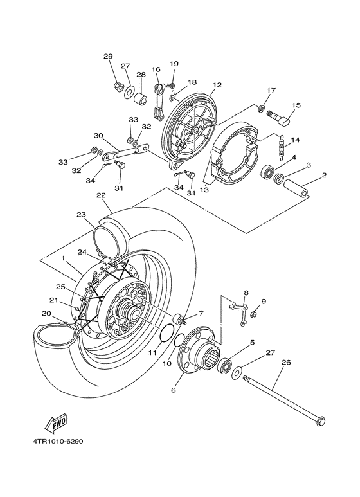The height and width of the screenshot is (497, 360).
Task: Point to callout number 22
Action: tap(101, 195)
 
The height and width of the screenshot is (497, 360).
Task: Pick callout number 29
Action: tap(108, 56)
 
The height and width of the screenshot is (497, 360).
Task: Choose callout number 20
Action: tap(46, 313)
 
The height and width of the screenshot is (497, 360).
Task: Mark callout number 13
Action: tap(204, 190)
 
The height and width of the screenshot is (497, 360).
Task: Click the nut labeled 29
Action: tap(118, 86)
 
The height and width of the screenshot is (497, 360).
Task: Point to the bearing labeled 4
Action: tap(267, 172)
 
